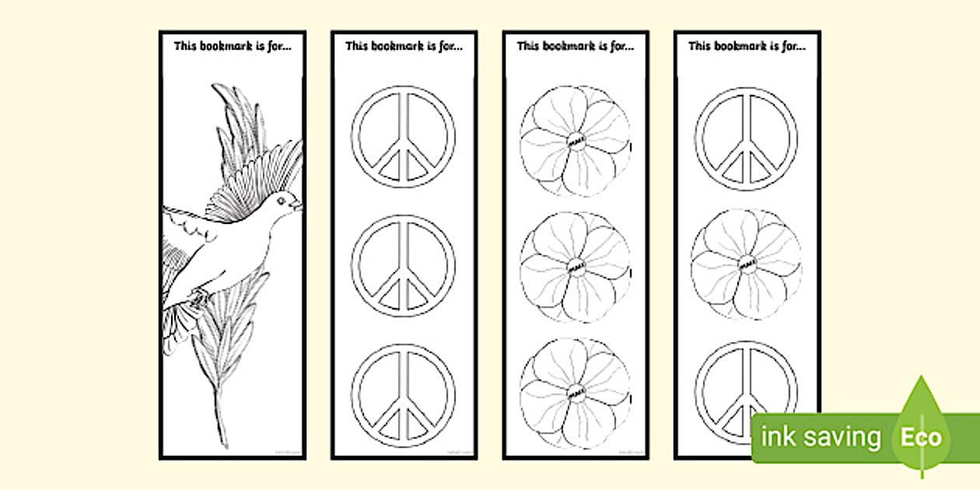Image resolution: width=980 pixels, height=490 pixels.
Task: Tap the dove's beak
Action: click(299, 206)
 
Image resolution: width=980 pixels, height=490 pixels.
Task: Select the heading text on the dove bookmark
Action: click(233, 46)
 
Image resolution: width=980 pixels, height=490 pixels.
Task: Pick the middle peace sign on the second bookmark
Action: click(404, 266)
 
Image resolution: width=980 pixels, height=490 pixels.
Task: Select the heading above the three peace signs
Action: click(404, 46)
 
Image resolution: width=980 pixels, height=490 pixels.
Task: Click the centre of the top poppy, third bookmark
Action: click(576, 141)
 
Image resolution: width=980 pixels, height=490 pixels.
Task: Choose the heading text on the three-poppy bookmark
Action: click(576, 46)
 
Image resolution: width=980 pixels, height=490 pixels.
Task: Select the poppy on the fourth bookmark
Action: click(747, 263)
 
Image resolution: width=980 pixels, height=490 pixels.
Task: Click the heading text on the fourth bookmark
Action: click(747, 46)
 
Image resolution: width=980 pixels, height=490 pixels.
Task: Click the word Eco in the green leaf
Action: click(921, 437)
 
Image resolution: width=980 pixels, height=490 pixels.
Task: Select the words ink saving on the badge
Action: click(821, 438)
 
